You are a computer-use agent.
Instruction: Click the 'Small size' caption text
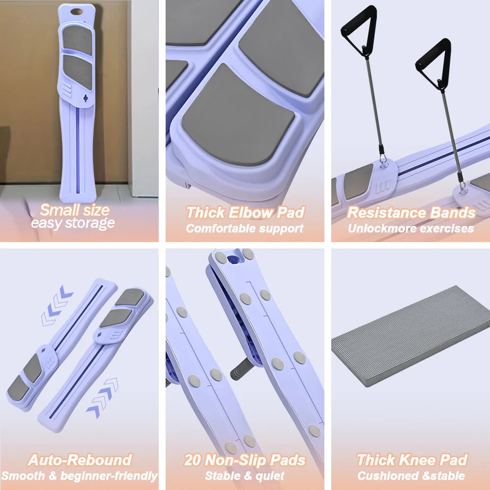tap(74, 210)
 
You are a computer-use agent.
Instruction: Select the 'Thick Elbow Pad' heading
tap(245, 213)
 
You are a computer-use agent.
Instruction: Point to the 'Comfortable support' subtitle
tap(245, 228)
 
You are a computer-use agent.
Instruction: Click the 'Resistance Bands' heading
tap(411, 213)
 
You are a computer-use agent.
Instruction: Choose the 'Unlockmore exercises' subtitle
tap(411, 228)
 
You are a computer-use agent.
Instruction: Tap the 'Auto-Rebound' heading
tap(80, 460)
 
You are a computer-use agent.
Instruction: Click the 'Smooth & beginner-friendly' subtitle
tap(79, 476)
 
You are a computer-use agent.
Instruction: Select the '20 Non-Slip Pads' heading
tap(245, 460)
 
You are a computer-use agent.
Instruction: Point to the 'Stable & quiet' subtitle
tap(245, 476)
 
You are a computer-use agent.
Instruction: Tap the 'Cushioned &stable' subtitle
tap(411, 476)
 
